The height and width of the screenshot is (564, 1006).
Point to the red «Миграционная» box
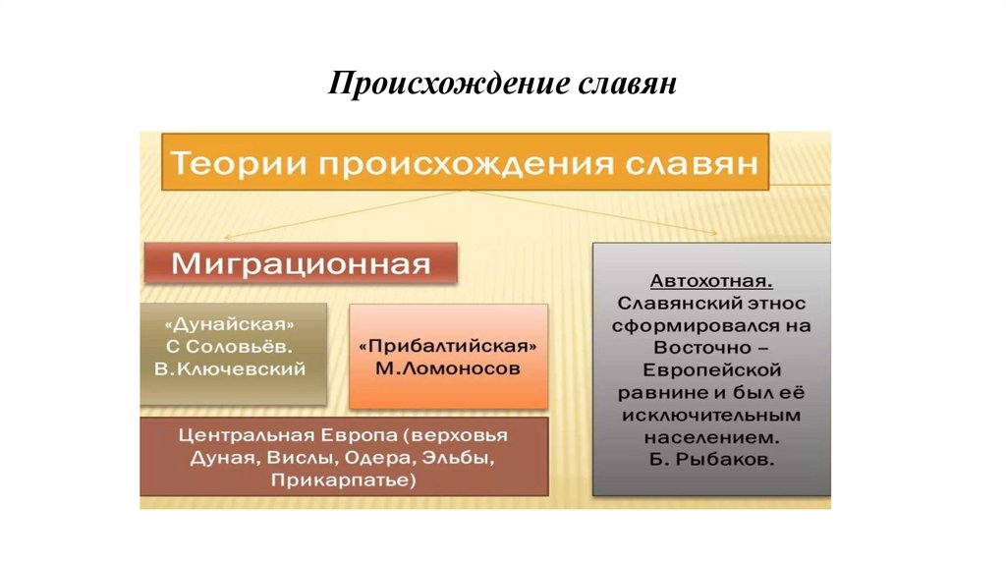tap(302, 265)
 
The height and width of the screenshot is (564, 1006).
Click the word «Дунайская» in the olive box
tap(232, 323)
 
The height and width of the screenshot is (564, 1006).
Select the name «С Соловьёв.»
tap(232, 346)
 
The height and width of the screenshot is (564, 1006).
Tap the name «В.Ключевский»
tap(232, 368)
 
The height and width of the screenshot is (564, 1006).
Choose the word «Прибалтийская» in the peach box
tap(447, 347)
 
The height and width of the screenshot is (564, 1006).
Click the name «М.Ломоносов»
tap(447, 368)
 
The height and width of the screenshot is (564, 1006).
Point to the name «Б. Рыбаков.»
tap(711, 459)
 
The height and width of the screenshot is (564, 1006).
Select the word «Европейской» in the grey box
tap(711, 369)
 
